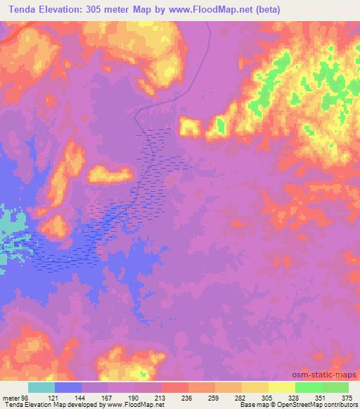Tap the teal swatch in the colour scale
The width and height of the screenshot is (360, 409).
41,387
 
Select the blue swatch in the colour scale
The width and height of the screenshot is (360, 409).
67,387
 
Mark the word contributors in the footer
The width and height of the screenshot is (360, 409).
338,404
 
